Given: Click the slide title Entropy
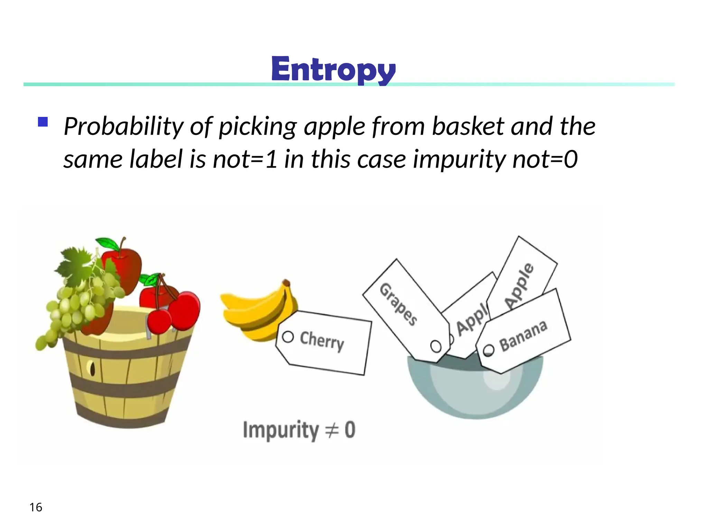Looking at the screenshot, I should (x=333, y=70).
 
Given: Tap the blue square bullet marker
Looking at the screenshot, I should (x=43, y=122).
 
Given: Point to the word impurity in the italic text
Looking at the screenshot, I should (x=459, y=160).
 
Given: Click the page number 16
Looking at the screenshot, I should (x=36, y=507).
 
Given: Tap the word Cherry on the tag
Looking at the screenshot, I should (x=322, y=341).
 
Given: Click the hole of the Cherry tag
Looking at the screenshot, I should (x=288, y=337).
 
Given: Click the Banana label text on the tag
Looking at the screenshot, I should (x=523, y=335).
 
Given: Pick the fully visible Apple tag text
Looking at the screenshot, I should (x=519, y=286).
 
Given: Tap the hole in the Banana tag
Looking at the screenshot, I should (x=488, y=350).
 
